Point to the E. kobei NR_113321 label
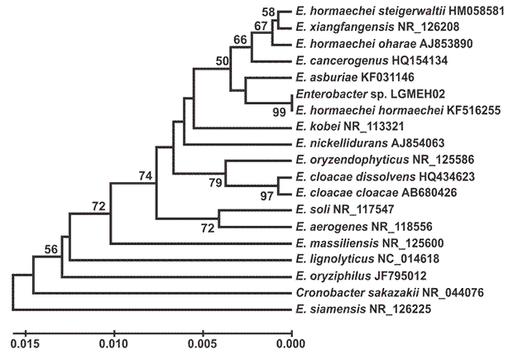coord(348,127)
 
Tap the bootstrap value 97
coord(267,195)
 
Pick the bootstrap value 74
coord(146,175)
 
